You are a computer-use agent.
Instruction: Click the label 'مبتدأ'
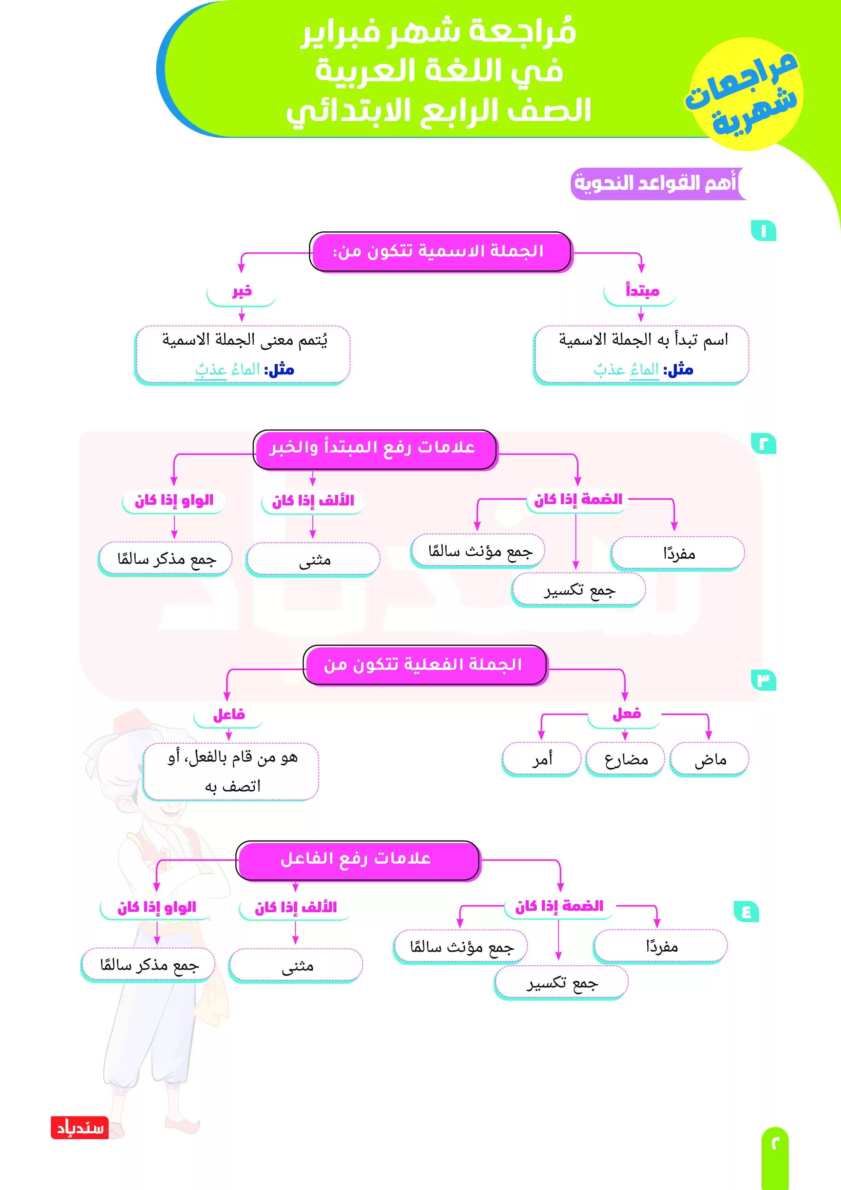pos(642,292)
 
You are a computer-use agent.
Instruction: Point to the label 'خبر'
pos(241,292)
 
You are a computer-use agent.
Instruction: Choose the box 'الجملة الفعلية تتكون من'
pos(424,665)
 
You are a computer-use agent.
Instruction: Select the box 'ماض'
pos(709,760)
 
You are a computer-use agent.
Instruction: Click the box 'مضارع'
pos(625,760)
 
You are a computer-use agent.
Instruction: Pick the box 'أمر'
pos(542,760)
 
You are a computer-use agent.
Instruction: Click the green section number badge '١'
pos(763,231)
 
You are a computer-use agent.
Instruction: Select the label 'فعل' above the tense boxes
pos(626,715)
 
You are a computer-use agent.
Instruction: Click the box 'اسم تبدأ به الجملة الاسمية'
pos(642,355)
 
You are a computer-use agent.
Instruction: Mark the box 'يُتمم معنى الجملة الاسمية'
pos(242,355)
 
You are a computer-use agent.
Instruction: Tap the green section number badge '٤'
pos(746,911)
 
